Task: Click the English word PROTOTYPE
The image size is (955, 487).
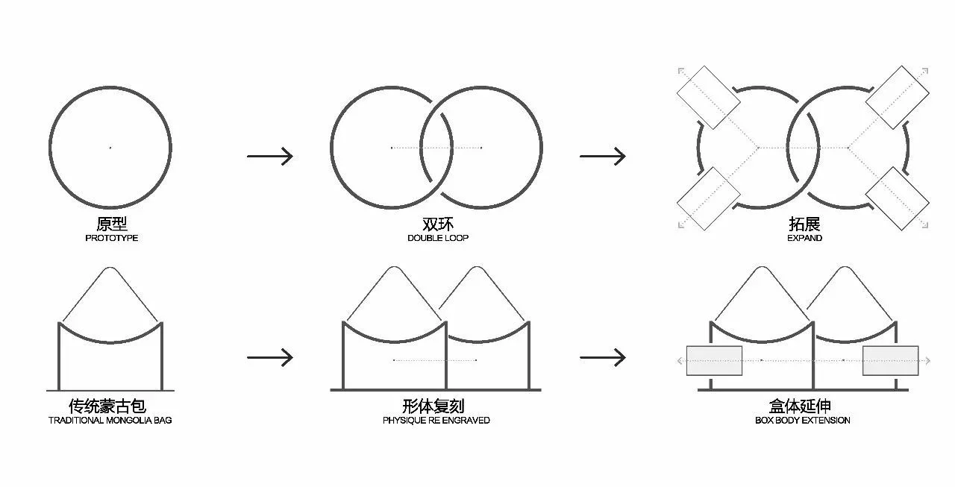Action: click(112, 238)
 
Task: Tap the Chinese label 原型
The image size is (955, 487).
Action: click(112, 224)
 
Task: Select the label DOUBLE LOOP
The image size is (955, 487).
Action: click(438, 238)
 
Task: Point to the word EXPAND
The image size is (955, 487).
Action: click(804, 238)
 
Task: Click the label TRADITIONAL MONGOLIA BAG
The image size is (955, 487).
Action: click(110, 420)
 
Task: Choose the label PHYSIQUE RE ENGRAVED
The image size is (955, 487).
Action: click(436, 420)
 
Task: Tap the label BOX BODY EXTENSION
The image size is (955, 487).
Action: click(802, 420)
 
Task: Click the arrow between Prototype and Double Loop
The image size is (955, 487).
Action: click(270, 156)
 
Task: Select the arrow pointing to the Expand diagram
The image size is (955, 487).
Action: click(602, 156)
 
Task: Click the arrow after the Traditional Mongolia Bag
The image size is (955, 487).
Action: click(270, 357)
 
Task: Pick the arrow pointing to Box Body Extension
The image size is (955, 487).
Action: click(602, 357)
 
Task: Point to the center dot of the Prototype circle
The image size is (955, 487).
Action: click(110, 148)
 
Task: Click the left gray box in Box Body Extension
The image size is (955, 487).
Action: click(714, 361)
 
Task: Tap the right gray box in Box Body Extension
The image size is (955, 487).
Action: click(891, 361)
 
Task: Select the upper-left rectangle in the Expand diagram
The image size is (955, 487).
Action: click(709, 98)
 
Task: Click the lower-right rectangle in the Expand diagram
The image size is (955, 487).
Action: click(898, 198)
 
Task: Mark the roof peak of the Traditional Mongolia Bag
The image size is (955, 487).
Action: click(110, 268)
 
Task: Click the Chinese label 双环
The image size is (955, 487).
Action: click(438, 224)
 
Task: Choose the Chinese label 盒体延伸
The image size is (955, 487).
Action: click(801, 406)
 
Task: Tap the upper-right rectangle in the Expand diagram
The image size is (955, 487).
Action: click(898, 98)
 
